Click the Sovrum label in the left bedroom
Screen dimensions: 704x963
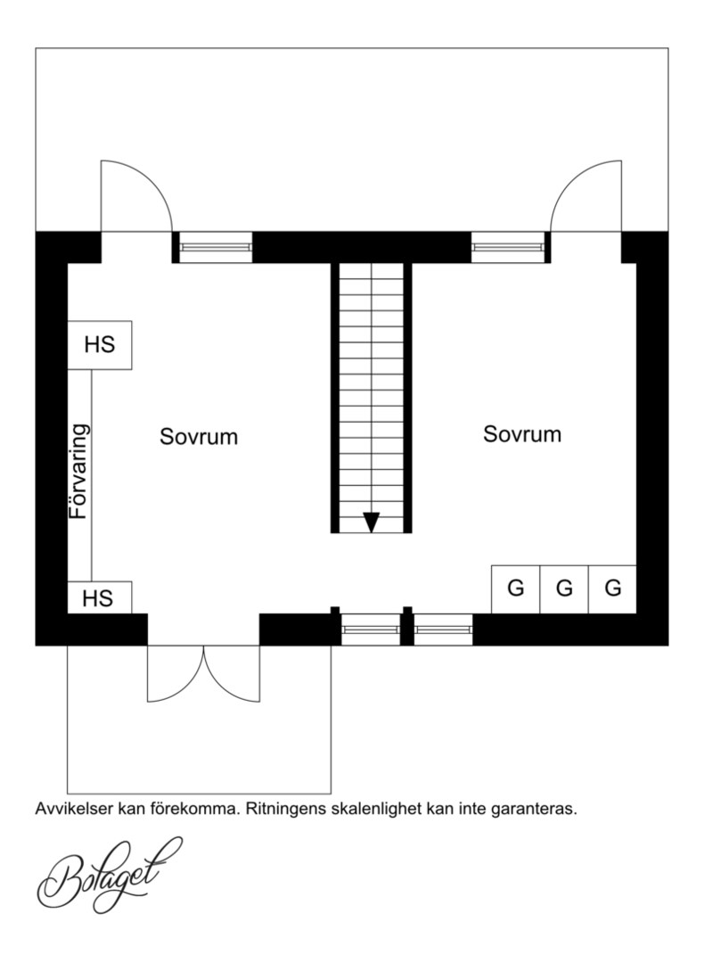point(198,437)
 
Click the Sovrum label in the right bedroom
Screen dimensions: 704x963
point(521,434)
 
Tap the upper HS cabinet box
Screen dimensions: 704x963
point(100,344)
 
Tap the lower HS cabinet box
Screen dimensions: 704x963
point(100,597)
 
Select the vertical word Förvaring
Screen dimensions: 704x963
point(79,472)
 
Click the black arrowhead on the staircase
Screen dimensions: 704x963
point(372,522)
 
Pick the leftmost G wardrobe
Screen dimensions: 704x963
point(516,589)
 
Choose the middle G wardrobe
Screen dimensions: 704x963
point(564,589)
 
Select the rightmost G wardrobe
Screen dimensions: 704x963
point(612,589)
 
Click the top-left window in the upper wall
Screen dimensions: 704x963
point(216,247)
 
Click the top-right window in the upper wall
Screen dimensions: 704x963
point(508,247)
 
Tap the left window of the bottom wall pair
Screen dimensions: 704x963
point(371,630)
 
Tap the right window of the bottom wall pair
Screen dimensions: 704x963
point(443,630)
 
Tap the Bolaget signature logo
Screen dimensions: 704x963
point(110,875)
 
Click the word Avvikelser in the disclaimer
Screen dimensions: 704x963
point(75,808)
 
